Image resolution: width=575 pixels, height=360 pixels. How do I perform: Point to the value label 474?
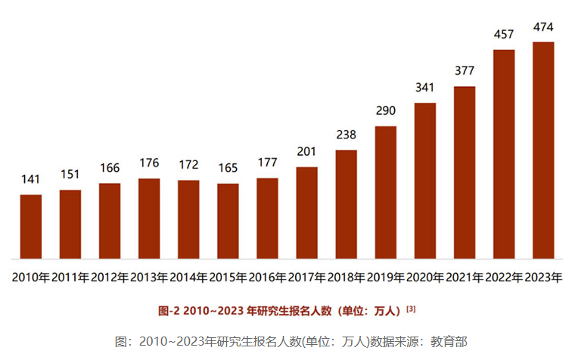[543, 27]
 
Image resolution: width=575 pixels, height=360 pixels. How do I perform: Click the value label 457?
[504, 35]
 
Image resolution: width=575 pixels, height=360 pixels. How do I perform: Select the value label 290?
[386, 111]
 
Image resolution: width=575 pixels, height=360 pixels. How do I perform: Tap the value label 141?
[31, 180]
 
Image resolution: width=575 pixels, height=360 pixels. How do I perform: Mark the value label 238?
[347, 135]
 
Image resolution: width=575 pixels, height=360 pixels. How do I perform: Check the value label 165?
[228, 169]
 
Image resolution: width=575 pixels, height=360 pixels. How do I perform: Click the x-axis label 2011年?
[70, 278]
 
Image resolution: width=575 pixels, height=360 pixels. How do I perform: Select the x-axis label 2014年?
[188, 278]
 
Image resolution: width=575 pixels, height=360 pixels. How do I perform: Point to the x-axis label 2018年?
[347, 278]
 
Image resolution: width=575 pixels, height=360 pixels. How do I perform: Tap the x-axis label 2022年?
[504, 278]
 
